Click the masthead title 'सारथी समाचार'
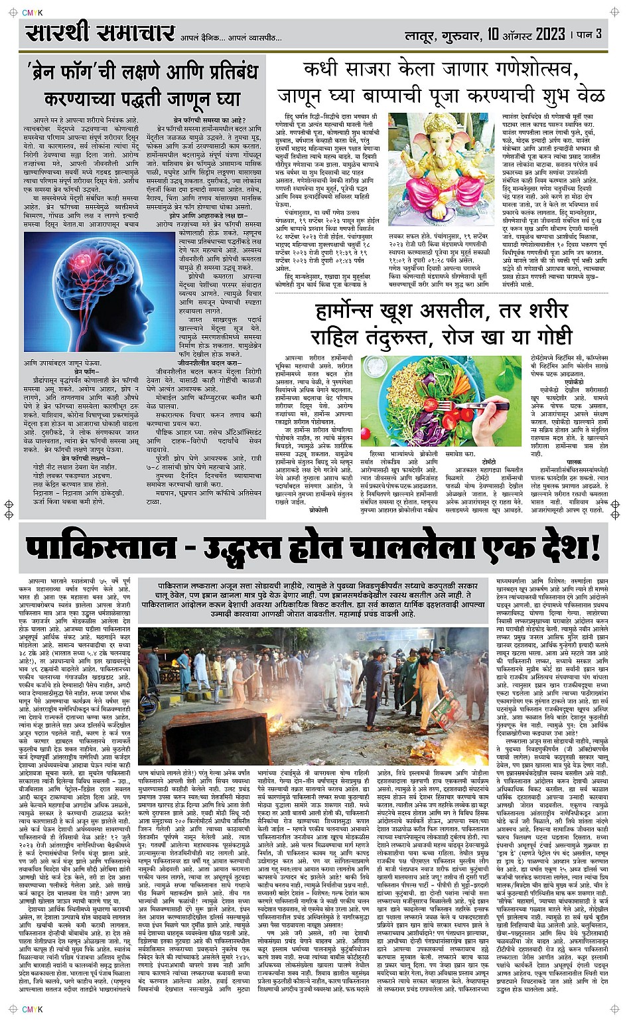(x=100, y=33)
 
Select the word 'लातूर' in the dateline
(x=423, y=34)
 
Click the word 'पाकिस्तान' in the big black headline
(x=100, y=548)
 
